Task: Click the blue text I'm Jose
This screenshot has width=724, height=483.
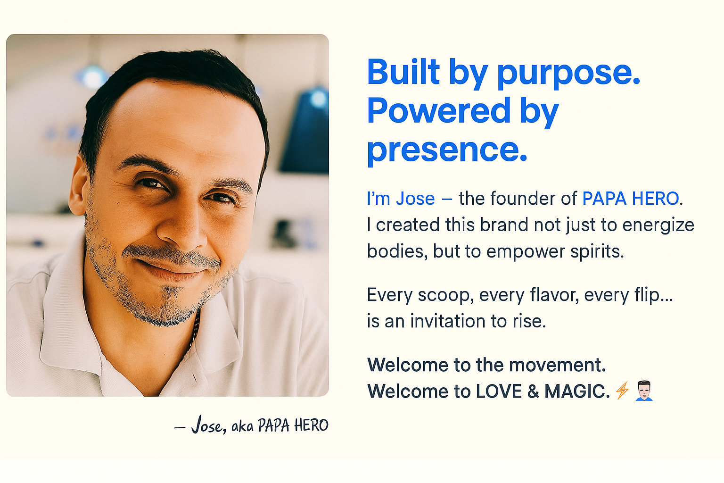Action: (401, 198)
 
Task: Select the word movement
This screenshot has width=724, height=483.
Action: (557, 365)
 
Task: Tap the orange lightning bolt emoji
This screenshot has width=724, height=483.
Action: (622, 390)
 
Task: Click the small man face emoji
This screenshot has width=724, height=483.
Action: (644, 391)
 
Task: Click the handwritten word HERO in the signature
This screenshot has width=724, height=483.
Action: (311, 425)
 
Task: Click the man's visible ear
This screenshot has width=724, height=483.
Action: (78, 186)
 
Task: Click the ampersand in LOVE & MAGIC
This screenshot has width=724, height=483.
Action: (533, 391)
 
